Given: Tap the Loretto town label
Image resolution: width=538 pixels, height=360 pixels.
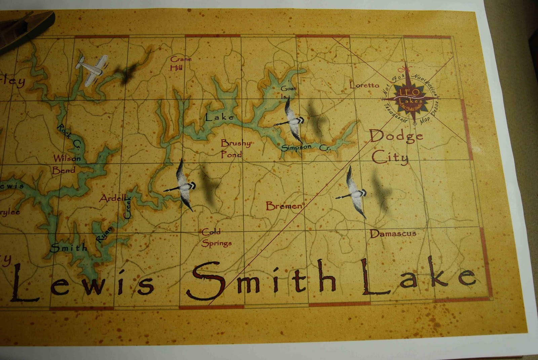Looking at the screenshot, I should [x=364, y=85].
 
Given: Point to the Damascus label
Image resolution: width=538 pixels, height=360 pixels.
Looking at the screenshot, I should [x=393, y=233].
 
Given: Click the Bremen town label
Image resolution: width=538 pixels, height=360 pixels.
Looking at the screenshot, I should [x=284, y=206].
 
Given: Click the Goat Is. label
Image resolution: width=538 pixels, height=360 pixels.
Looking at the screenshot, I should [x=288, y=91].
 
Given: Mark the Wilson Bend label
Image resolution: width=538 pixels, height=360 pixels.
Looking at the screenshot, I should [x=66, y=164].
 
